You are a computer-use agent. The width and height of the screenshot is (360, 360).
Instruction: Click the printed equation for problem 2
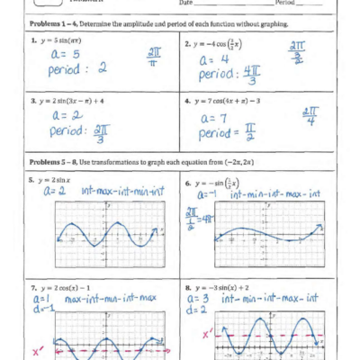pyautogui.click(x=220, y=43)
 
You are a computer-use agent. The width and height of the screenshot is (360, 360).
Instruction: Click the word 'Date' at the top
pyautogui.click(x=186, y=4)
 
